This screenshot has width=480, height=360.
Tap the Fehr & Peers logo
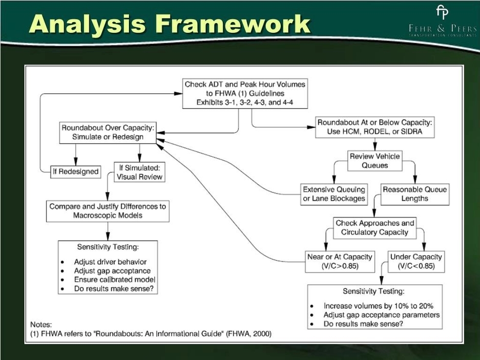442,22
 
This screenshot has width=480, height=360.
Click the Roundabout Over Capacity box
108,132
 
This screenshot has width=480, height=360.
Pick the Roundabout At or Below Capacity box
375,127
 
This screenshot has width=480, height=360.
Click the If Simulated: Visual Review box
139,172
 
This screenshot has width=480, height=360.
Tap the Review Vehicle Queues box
375,161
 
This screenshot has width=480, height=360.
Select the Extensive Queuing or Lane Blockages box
334,194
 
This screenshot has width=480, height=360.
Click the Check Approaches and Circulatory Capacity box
375,228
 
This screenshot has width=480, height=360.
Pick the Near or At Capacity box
339,261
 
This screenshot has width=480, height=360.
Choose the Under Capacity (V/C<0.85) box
417,261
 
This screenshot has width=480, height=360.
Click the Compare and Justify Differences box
107,211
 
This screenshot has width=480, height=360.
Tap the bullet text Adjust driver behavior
110,262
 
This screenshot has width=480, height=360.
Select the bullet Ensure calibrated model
114,280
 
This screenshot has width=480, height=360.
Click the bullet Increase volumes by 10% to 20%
377,306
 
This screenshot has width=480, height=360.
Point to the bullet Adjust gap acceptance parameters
381,315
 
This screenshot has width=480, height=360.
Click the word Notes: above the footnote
41,324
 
